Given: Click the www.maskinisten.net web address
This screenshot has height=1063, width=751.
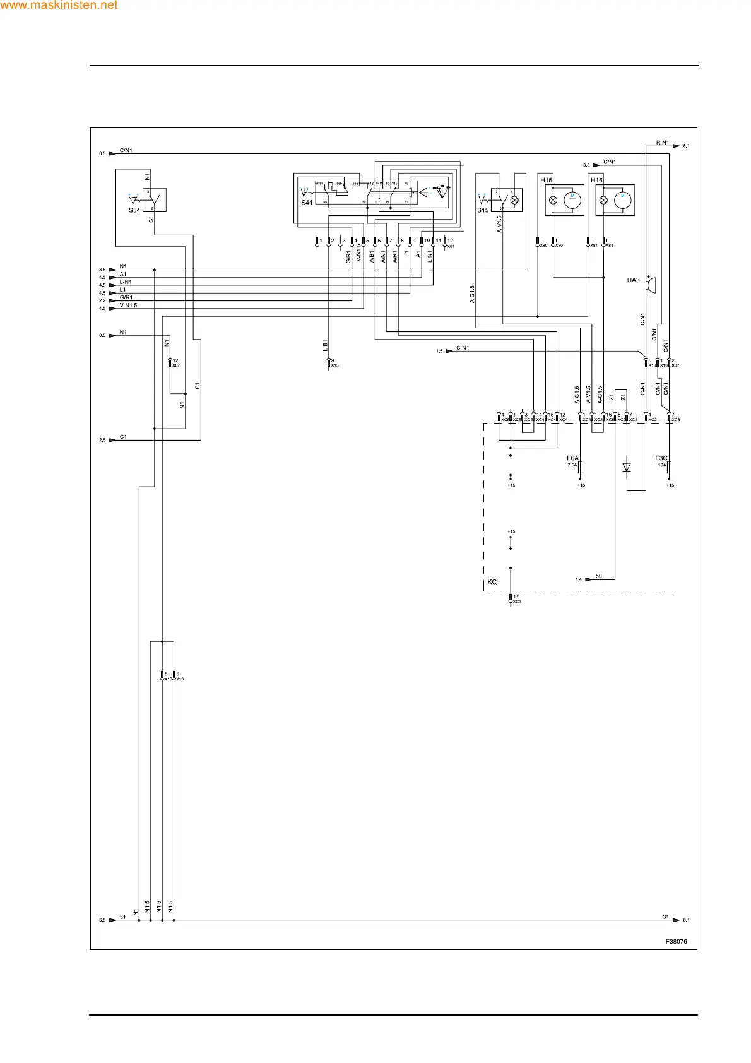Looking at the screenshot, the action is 59,6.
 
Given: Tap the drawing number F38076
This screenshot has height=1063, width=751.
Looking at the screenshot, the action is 676,941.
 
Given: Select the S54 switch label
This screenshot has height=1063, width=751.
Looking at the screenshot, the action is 134,210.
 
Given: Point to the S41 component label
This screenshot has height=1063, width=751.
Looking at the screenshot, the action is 307,203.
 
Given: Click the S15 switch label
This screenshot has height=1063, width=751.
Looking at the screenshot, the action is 483,210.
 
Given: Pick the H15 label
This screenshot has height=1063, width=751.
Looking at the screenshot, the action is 546,180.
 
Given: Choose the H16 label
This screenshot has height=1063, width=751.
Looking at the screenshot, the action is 596,180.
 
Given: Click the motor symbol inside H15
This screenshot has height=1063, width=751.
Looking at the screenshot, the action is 573,199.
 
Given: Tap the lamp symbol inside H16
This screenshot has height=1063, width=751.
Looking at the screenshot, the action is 603,199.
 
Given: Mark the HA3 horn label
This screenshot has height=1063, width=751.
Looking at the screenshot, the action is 633,280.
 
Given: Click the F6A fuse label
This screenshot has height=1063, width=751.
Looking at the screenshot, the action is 572,458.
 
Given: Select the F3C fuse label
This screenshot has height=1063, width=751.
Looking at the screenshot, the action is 661,458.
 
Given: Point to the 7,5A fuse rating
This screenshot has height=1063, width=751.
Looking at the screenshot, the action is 572,465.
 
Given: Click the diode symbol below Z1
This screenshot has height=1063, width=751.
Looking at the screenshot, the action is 627,467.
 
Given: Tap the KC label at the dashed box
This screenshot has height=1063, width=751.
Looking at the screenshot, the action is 492,582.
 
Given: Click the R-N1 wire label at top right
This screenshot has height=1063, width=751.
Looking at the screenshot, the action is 663,143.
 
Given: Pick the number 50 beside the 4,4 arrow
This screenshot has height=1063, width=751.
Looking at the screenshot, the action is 599,576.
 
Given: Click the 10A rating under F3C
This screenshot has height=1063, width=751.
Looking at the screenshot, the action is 661,465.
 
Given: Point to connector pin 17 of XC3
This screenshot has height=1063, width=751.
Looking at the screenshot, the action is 515,597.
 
